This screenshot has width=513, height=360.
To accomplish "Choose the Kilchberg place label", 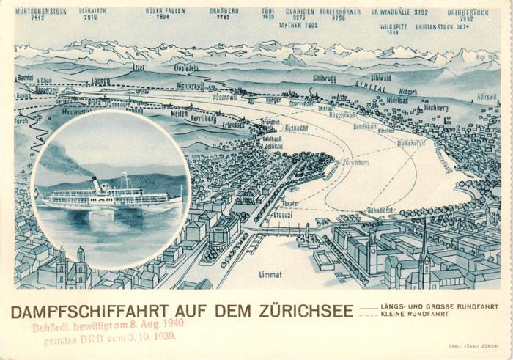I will pyautogui.click(x=435, y=107).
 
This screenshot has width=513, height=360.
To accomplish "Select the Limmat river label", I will pyautogui.click(x=270, y=274).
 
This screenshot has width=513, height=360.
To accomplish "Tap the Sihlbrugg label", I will pyautogui.click(x=325, y=77).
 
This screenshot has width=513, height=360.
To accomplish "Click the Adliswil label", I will pyautogui.click(x=487, y=96).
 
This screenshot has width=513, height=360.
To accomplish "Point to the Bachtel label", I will pyautogui.click(x=26, y=77).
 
